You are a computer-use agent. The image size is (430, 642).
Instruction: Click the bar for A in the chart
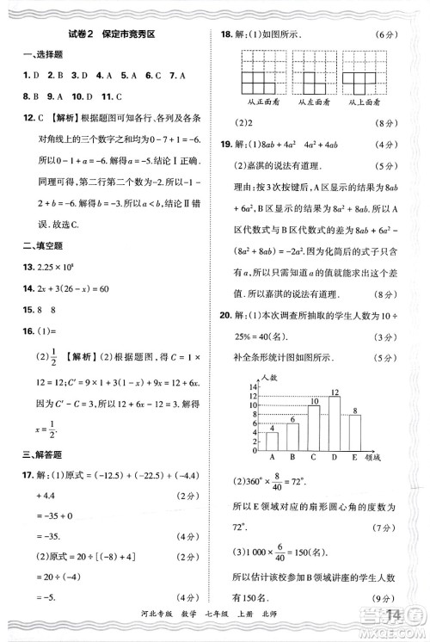(x=272, y=441)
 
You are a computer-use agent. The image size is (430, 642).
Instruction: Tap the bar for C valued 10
(x=313, y=428)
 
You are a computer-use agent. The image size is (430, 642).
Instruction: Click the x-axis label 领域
(x=372, y=458)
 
